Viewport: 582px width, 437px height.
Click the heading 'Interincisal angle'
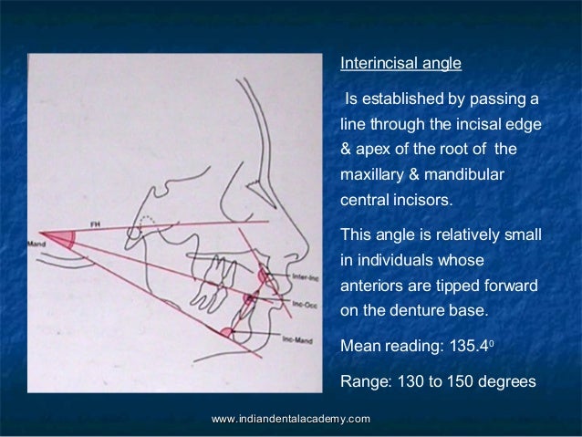click(x=400, y=65)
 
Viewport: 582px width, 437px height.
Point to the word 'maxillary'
click(x=370, y=172)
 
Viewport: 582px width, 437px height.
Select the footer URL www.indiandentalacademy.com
click(x=290, y=418)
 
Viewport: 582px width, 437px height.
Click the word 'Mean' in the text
click(x=359, y=347)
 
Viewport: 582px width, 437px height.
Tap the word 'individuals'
click(x=399, y=260)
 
